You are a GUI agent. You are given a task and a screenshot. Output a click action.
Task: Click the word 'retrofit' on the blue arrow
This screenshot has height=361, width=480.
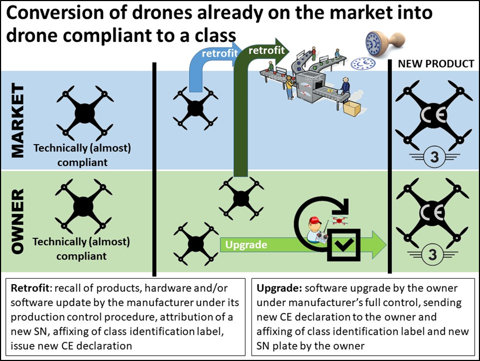point(217,54)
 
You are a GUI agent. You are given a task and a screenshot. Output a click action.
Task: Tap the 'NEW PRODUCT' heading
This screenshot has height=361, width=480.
point(435,64)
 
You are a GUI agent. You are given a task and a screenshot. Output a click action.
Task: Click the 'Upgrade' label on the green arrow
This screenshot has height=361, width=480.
point(246,245)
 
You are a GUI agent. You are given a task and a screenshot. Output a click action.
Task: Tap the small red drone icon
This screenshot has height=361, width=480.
point(339,220)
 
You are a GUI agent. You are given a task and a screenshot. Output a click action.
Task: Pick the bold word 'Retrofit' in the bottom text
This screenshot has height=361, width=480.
point(27,288)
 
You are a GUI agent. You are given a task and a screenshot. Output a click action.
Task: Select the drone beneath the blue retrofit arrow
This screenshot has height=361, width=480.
point(196,108)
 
